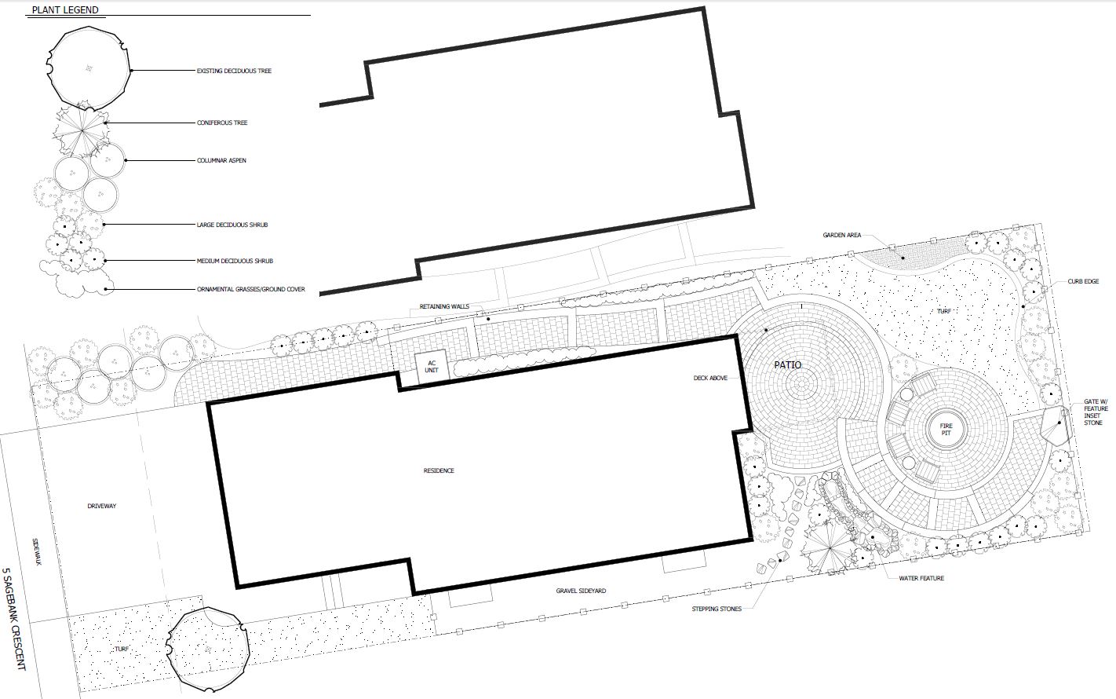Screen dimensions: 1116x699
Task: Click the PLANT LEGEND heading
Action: point(65,10)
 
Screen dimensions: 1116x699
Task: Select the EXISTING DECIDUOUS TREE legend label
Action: point(234,71)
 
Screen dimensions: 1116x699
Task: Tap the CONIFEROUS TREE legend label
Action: point(221,123)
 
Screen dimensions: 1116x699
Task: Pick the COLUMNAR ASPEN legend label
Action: point(221,160)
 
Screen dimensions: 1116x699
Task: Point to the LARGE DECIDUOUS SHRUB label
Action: point(232,225)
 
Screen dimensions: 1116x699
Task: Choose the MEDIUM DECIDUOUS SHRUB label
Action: point(235,261)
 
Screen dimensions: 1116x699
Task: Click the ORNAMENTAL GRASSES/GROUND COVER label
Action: point(250,289)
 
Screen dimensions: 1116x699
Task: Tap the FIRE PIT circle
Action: point(946,430)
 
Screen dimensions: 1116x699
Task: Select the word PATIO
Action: point(788,365)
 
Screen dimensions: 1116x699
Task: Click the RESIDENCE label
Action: point(439,470)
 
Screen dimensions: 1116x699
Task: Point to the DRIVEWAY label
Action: point(102,506)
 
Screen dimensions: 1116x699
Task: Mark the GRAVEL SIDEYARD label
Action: point(581,591)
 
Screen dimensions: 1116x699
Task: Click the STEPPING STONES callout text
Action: point(717,609)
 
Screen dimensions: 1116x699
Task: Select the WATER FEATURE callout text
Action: point(921,578)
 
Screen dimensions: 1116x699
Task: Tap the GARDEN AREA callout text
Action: point(841,235)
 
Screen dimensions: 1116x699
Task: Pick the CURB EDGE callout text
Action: point(1083,282)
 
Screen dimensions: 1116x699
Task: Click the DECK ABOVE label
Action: point(710,378)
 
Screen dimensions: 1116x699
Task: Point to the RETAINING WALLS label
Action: point(444,306)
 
